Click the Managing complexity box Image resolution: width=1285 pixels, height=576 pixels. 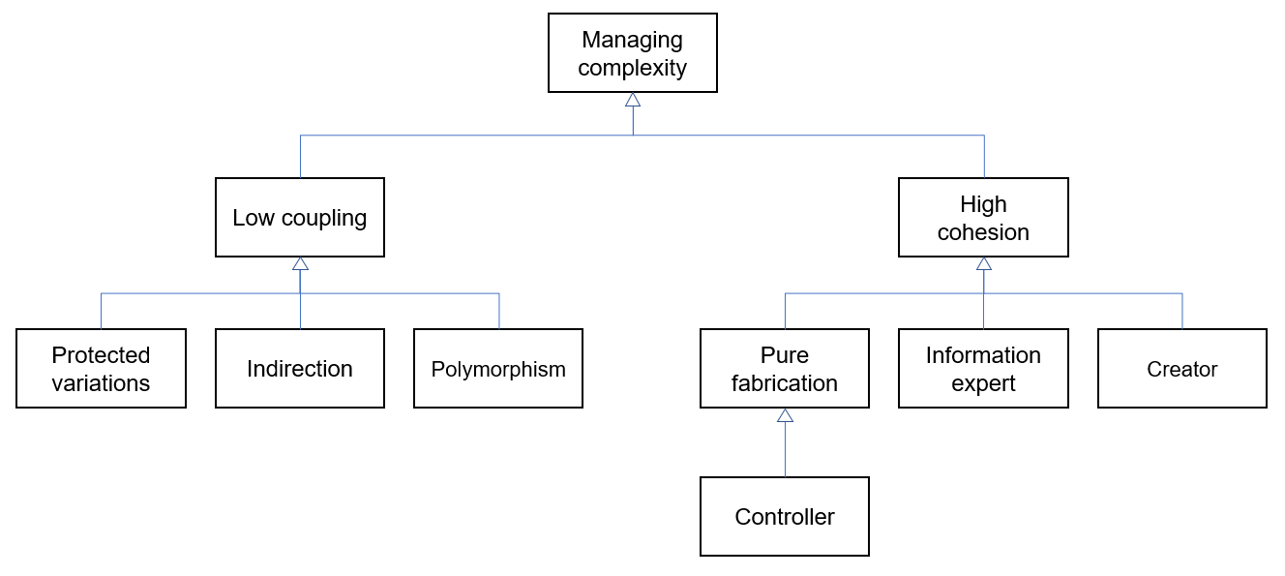tap(632, 53)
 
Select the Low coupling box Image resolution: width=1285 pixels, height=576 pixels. tap(299, 217)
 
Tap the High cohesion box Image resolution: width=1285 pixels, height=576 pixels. tap(983, 218)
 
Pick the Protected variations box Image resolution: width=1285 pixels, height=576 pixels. tap(101, 369)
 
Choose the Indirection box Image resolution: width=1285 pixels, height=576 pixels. tap(299, 369)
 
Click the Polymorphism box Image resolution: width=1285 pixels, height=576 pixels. tap(498, 369)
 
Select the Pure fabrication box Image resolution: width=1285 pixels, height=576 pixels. tap(785, 369)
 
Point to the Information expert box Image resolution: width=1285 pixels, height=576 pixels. tap(983, 369)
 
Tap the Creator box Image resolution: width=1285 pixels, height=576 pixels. tap(1181, 369)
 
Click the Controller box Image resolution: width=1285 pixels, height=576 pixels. tap(785, 517)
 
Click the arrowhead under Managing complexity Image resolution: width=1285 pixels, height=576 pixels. tap(633, 100)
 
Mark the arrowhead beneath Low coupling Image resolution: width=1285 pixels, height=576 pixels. tap(300, 263)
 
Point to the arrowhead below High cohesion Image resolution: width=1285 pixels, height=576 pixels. tap(984, 263)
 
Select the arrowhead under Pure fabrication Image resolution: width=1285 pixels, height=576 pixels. tap(785, 415)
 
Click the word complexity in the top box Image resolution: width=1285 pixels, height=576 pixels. tap(632, 68)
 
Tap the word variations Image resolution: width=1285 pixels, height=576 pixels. tap(101, 383)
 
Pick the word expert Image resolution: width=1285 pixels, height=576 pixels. tap(983, 383)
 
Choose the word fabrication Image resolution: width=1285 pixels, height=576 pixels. tap(785, 383)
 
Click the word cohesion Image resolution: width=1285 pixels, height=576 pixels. tap(983, 232)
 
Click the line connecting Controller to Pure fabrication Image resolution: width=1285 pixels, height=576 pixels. tap(785, 450)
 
